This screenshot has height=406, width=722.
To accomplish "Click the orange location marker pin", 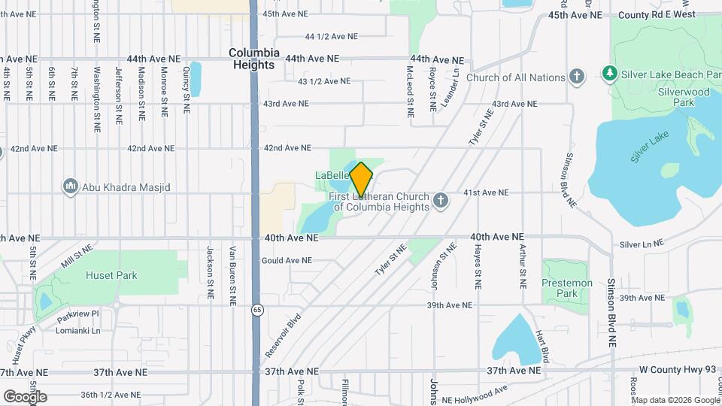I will tap(361, 179).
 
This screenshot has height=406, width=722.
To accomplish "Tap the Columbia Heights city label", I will tap(254, 59).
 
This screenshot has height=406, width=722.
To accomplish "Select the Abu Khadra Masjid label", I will tap(126, 186).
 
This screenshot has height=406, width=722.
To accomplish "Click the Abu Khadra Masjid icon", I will tap(71, 186).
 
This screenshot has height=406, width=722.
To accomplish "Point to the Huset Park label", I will tap(111, 276).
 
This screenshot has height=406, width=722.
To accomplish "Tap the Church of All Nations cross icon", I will tap(577, 77).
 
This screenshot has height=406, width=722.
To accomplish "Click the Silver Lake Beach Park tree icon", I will tap(610, 74).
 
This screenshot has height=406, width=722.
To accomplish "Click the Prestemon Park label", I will tap(567, 288).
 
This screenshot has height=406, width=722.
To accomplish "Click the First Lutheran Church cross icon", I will tap(441, 201).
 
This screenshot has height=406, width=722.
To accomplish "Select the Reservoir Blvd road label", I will tap(283, 335).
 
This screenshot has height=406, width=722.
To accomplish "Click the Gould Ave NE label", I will tap(287, 261).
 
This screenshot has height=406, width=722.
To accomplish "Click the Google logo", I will tap(25, 396).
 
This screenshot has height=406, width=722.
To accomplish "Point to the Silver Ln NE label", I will tap(642, 244).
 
